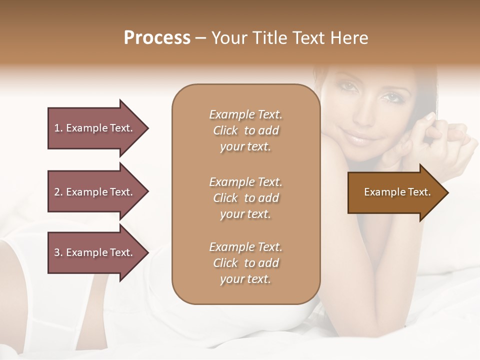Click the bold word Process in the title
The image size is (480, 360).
[157, 38]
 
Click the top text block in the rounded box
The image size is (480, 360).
[245, 130]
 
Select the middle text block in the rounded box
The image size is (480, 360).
[245, 197]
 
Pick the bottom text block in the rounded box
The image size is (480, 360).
[245, 263]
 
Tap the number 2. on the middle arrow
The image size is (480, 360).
[58, 192]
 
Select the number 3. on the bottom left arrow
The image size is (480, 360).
[58, 252]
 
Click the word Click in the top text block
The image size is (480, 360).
[225, 130]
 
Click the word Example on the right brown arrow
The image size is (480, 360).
[381, 192]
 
